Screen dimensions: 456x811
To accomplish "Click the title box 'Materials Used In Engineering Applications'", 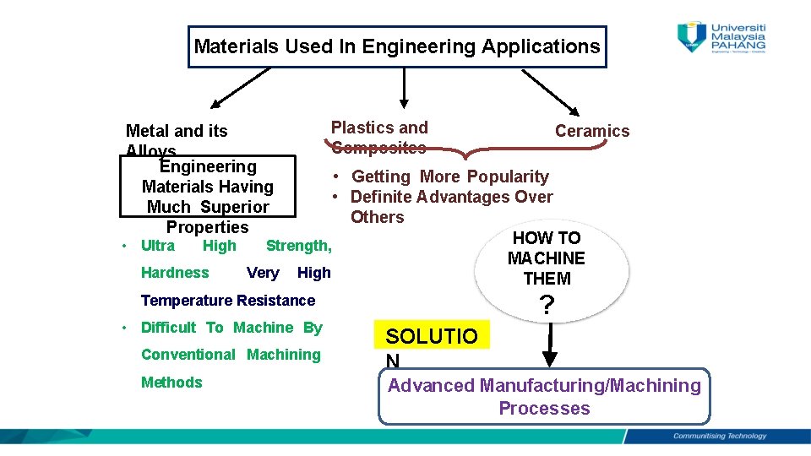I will point(396,46).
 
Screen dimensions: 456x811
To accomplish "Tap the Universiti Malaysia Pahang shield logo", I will point(692,36).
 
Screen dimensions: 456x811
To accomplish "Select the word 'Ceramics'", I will point(591,131).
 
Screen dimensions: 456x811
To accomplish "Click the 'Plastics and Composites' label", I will point(379,138).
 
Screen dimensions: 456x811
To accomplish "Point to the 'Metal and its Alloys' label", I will point(176,136).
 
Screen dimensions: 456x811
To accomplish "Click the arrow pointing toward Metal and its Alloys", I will point(240,89).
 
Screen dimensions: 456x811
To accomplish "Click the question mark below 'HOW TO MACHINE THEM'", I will point(547,306).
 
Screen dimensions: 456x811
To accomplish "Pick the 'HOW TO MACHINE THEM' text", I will point(546,258).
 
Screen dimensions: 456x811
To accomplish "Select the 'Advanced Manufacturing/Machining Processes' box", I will point(544,397).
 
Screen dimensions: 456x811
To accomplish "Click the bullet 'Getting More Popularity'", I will point(449,176).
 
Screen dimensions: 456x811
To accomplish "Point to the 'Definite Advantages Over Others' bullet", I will point(450,206).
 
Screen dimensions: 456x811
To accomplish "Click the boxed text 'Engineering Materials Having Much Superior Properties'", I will point(207,197).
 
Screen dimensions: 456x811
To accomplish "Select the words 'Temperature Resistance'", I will point(227,301).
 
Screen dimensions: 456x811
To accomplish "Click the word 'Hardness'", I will point(175,273).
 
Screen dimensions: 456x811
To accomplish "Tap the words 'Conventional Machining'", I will point(231,355).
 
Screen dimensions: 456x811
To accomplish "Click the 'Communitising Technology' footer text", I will point(719,437).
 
